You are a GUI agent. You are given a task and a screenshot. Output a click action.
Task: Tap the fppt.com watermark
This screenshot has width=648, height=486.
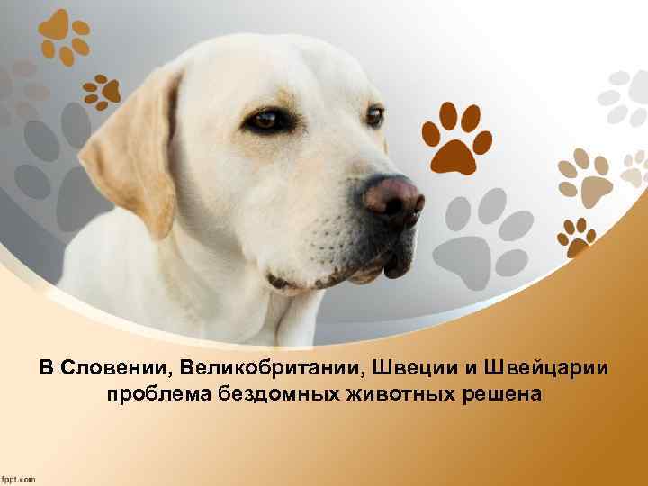point(19,478)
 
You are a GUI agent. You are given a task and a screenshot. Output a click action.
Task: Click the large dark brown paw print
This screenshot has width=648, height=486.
point(456,136)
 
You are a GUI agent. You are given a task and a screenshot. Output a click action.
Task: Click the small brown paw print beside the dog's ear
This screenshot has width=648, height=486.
point(102,89)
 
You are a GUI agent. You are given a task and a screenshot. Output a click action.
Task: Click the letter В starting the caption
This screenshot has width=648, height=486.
point(46,369)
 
